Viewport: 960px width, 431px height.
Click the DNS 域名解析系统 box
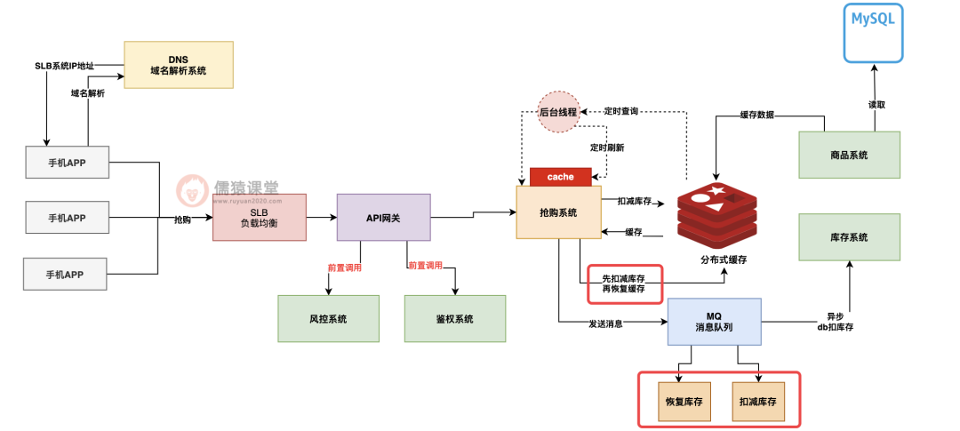[x=179, y=64]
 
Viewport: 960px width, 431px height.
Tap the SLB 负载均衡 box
[x=259, y=217]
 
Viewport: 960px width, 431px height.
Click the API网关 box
[x=383, y=217]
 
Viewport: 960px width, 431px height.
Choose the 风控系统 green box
[x=328, y=318]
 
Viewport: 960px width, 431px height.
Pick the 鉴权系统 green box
[x=454, y=318]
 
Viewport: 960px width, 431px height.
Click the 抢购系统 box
[x=558, y=212]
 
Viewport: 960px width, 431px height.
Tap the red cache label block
[x=560, y=177]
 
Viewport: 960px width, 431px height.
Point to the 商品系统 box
[x=848, y=156]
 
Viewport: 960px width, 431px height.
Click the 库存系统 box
[x=848, y=237]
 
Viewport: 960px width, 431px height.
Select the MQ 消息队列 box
[x=715, y=322]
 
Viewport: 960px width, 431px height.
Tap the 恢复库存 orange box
[x=684, y=402]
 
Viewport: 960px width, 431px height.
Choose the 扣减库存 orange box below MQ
[x=758, y=402]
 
